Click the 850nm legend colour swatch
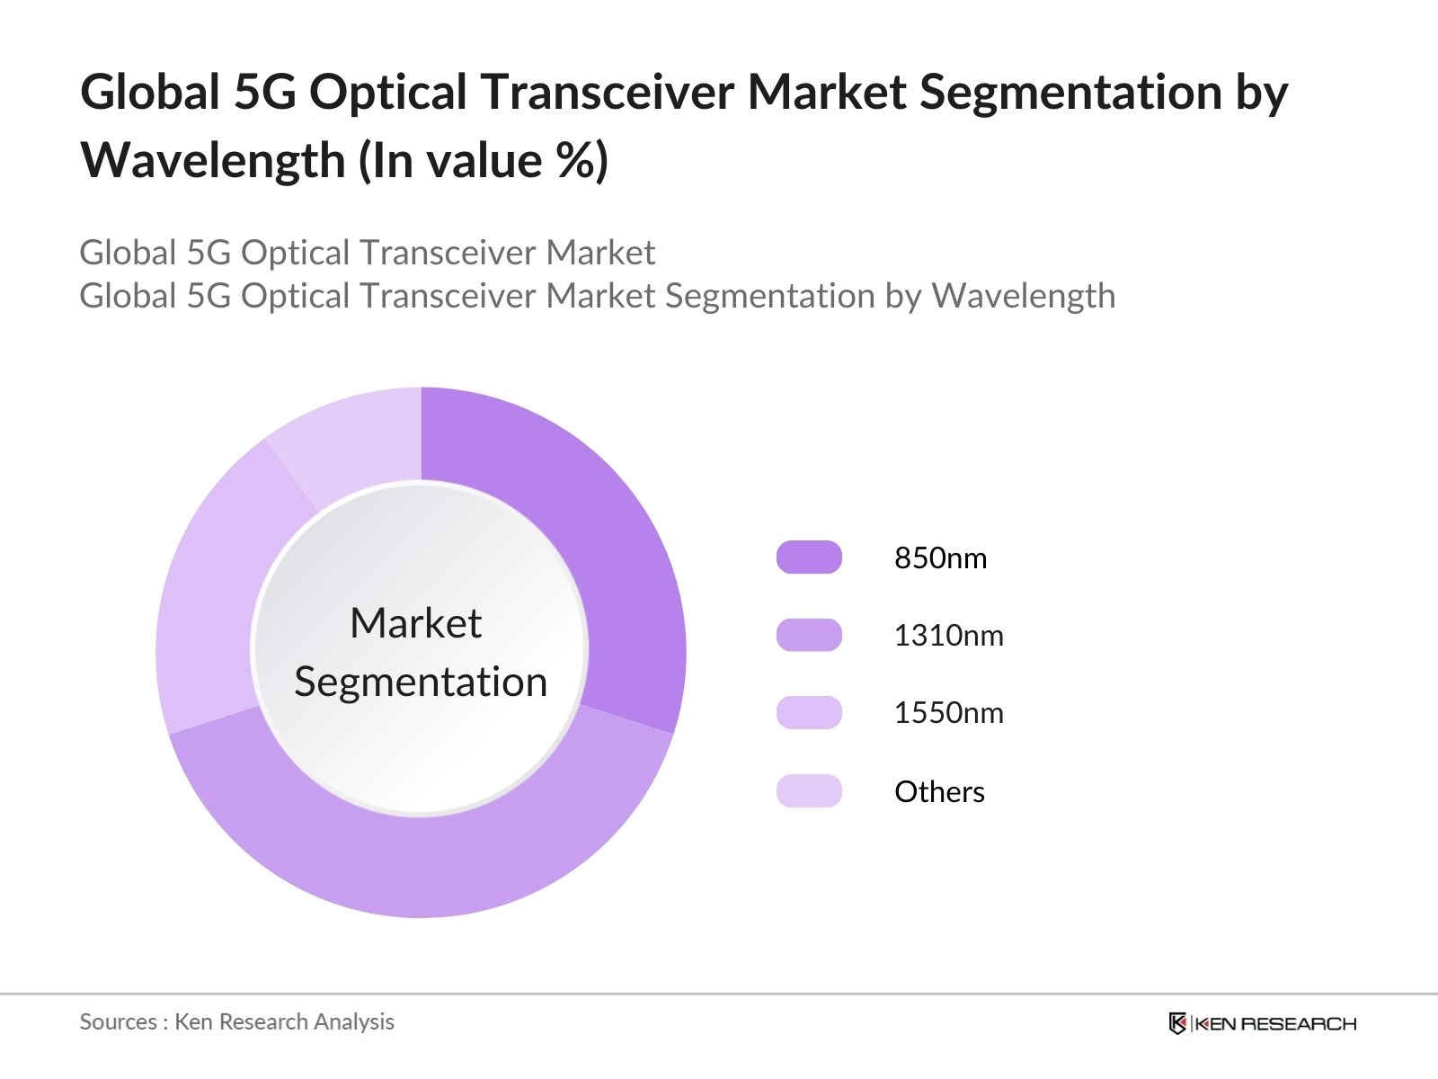pos(809,557)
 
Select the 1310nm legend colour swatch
pos(809,635)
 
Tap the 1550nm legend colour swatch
pos(809,713)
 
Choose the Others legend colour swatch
pos(809,791)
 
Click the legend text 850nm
pos(940,558)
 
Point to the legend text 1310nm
pos(948,636)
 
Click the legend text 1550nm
pos(948,713)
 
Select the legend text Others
pos(939,792)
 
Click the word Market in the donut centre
pos(415,623)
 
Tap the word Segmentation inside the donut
pos(421,682)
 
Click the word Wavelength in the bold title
pos(213,161)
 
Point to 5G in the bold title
pos(264,93)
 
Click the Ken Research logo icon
pos(1177,1023)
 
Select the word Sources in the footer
pos(118,1022)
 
